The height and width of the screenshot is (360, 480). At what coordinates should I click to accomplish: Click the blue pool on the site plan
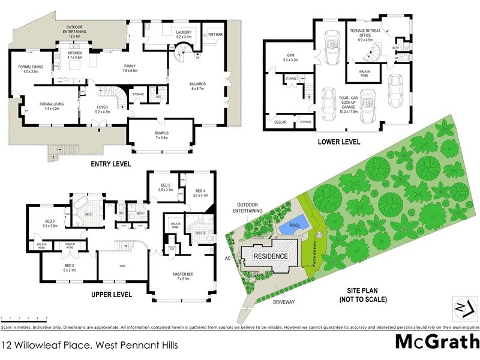tap(294, 226)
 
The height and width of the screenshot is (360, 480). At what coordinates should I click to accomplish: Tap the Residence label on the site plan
tap(270, 256)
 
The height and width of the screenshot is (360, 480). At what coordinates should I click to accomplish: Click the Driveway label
tap(284, 302)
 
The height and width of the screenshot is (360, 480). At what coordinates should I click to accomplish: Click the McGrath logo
tap(437, 341)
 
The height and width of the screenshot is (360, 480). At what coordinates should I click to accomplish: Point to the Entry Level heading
tap(110, 164)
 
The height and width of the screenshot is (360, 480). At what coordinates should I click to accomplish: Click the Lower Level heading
tap(340, 142)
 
